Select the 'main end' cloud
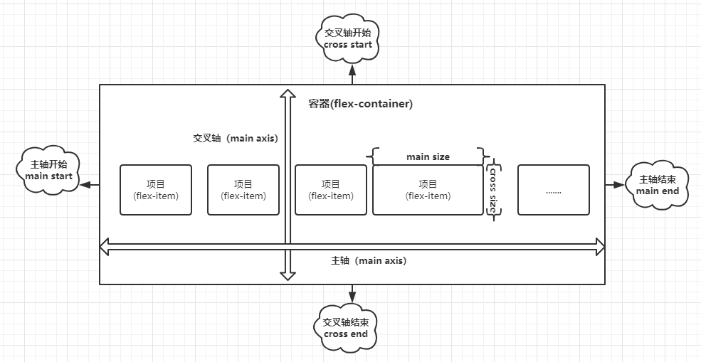657,186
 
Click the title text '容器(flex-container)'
361,104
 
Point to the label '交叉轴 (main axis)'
235,138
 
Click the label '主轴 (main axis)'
369,260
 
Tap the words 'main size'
428,156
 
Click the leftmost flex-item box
156,190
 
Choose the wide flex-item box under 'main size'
428,190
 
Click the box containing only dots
553,190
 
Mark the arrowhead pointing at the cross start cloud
352,70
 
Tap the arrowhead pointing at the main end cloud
618,185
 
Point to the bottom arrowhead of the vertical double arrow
287,275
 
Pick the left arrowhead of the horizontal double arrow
105,247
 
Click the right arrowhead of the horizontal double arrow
599,247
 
